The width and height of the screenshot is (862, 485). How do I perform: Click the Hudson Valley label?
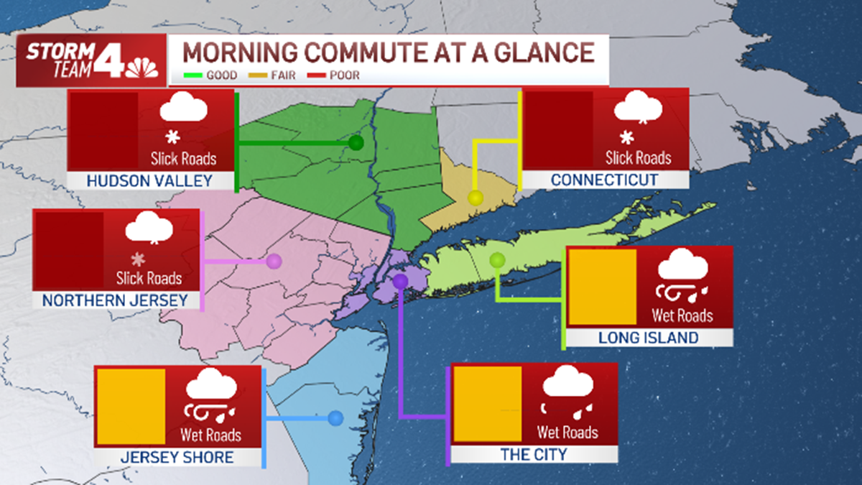(149, 181)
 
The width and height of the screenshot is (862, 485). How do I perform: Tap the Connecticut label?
(604, 180)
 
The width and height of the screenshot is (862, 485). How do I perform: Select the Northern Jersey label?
(115, 300)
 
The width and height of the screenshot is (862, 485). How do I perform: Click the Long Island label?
(649, 338)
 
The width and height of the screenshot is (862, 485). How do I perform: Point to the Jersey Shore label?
(177, 457)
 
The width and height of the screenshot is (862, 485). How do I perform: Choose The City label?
(533, 454)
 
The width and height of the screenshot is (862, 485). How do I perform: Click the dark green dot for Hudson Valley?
(356, 143)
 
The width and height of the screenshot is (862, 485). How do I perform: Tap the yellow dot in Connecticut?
(475, 197)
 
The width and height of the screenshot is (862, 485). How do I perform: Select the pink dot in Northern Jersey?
(274, 262)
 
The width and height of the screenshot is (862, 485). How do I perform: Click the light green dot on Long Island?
(497, 259)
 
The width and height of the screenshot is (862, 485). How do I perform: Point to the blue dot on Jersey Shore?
(335, 417)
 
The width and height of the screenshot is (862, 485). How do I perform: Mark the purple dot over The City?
(400, 280)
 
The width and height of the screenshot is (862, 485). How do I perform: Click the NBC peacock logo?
(142, 68)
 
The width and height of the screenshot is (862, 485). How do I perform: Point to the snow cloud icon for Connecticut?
(637, 108)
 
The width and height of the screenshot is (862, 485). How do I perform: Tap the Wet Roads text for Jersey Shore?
(210, 435)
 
